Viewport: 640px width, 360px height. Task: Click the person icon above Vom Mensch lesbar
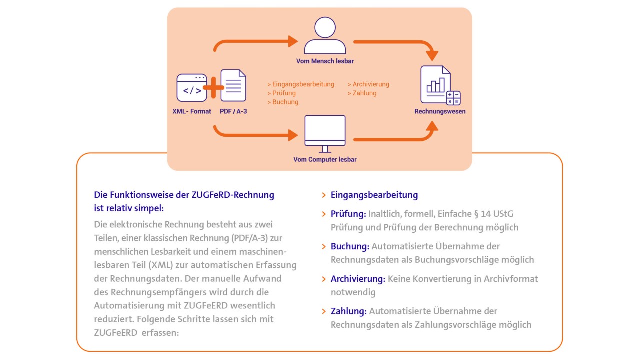coord(325,36)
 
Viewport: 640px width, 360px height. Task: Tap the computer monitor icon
coord(325,133)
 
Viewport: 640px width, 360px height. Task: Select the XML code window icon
coord(192,88)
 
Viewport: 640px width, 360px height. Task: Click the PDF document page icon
coord(233,86)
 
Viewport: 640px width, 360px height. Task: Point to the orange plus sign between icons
coord(213,88)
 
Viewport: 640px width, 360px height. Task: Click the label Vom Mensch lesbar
coord(325,61)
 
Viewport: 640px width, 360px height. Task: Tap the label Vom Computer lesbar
coord(325,160)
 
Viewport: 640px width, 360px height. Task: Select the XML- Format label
coord(192,111)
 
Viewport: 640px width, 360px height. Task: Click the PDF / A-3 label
coord(233,111)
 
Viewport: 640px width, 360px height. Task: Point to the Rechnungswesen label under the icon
coord(440,111)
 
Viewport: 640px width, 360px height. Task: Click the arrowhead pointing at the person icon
coord(293,41)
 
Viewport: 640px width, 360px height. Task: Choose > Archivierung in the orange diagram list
coord(368,84)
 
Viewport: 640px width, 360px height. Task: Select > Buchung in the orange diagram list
coord(283,102)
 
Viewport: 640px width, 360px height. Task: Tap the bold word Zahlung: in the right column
coord(349,311)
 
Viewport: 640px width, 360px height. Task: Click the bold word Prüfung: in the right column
coord(348,214)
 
